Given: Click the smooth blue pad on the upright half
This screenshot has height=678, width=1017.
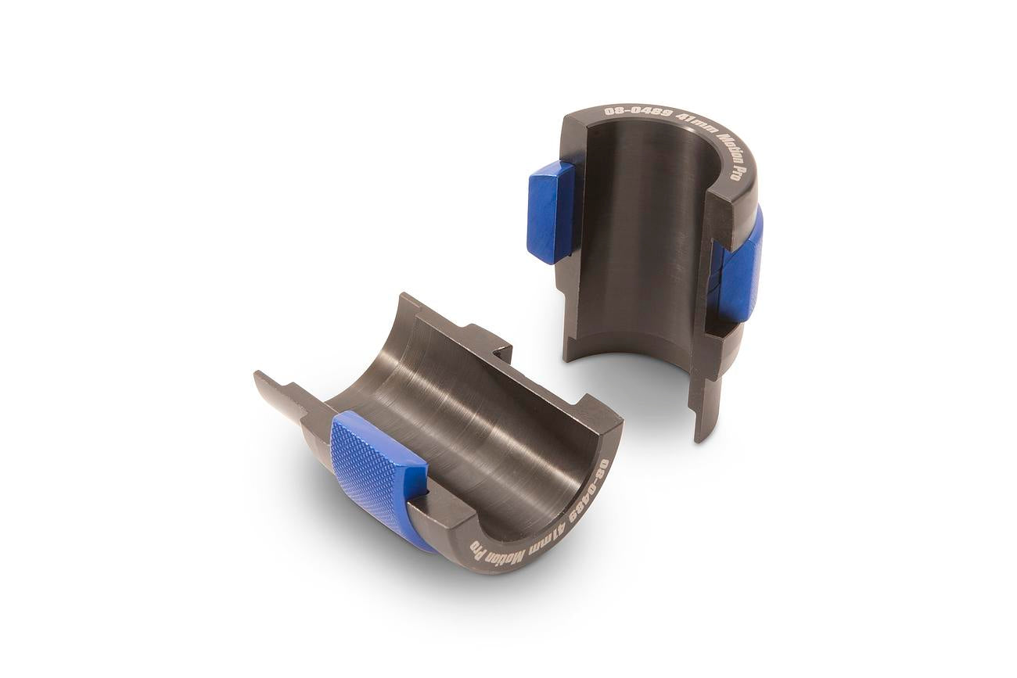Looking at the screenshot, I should [x=550, y=211].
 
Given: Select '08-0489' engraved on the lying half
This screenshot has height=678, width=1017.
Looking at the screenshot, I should [x=593, y=488].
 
